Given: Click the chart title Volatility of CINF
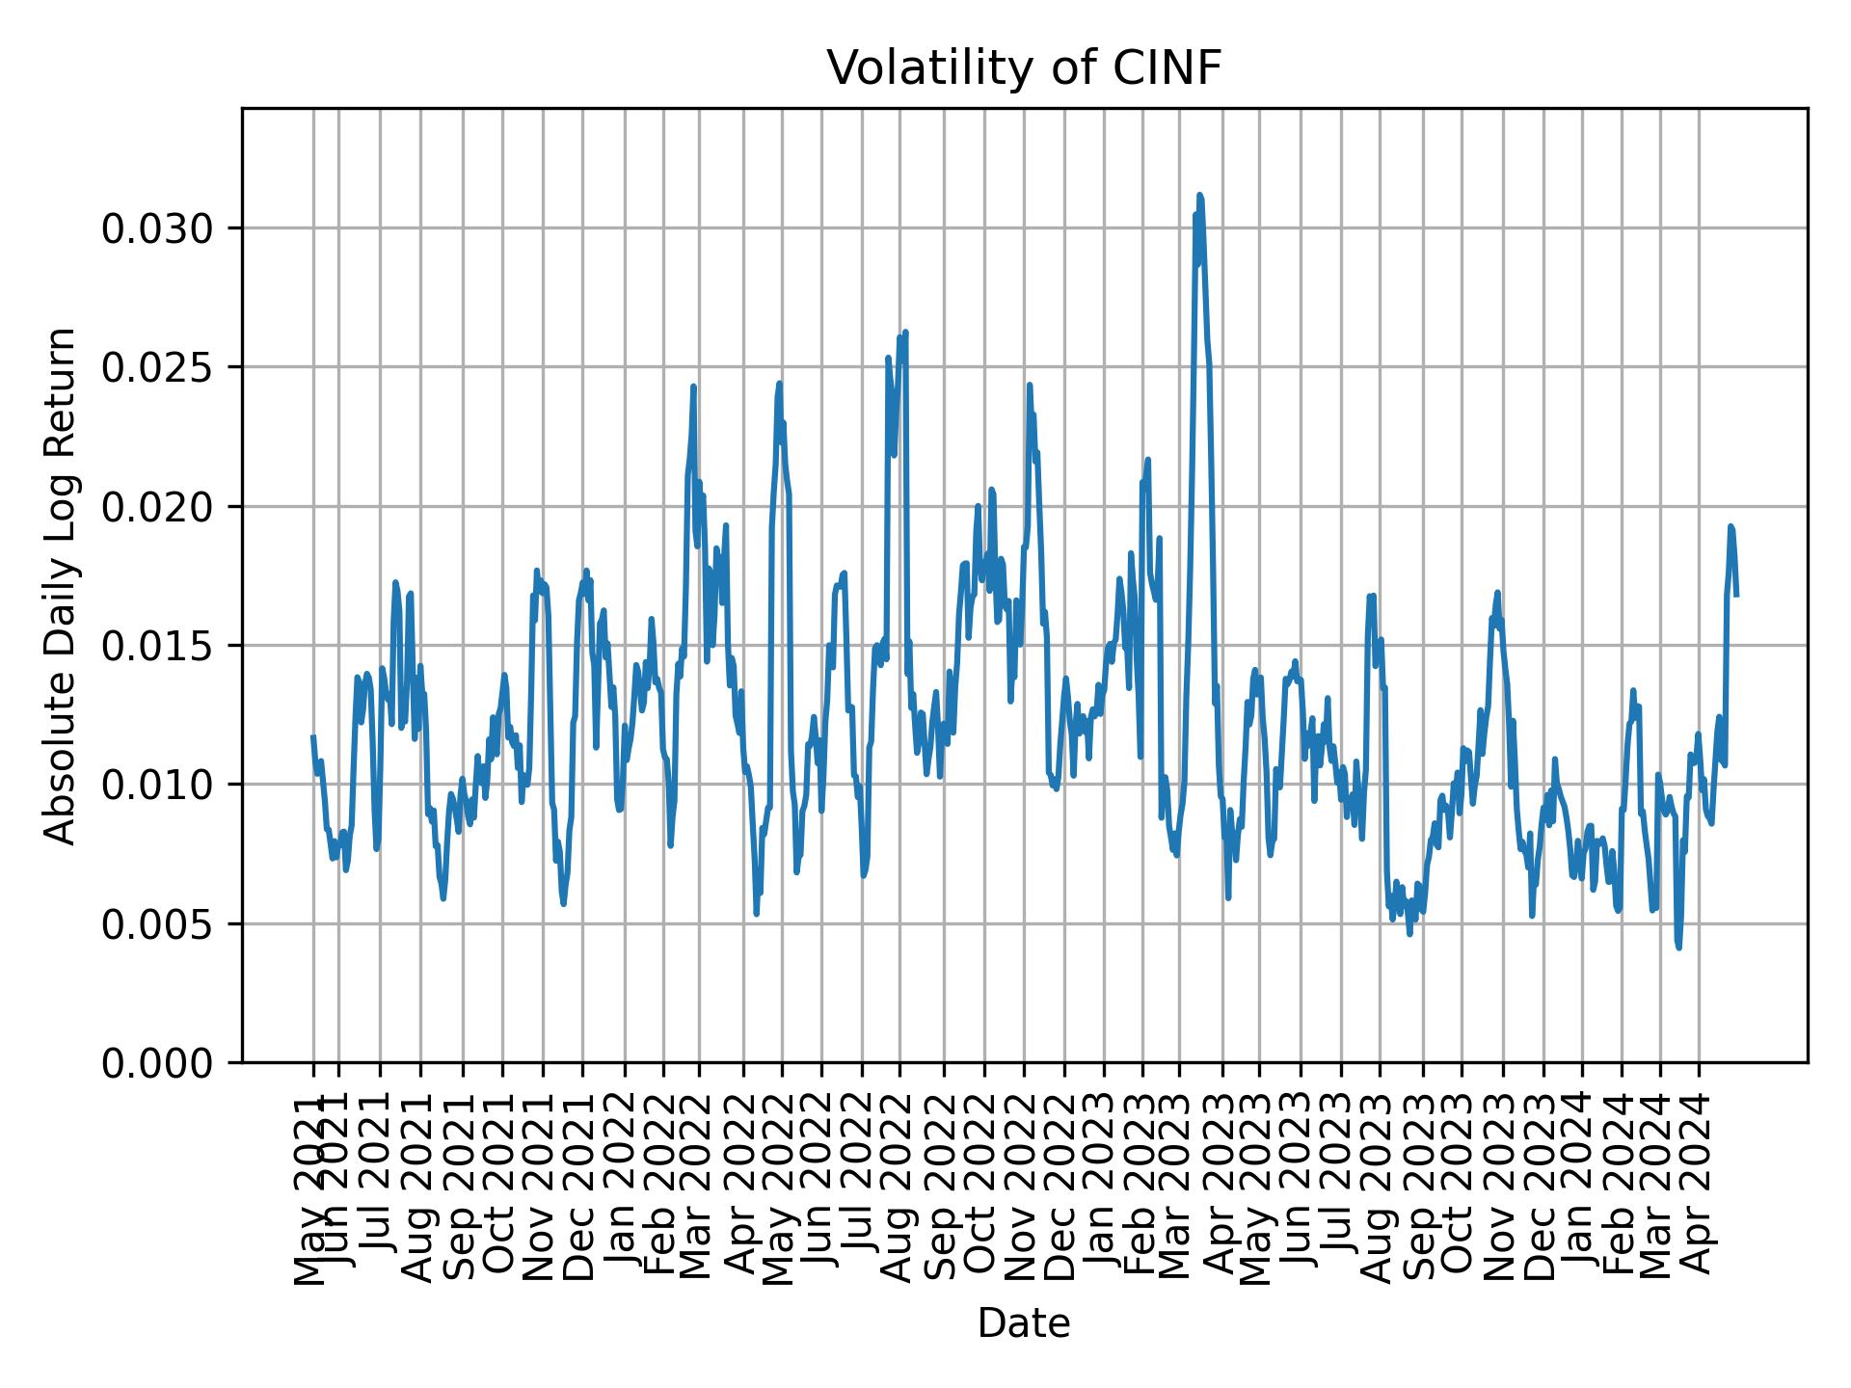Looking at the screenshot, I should [1024, 68].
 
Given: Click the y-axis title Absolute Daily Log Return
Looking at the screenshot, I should [62, 585].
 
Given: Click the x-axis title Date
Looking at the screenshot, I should [1024, 1323].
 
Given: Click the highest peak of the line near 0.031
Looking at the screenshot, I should [1199, 196].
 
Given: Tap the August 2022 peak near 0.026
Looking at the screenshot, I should [905, 334].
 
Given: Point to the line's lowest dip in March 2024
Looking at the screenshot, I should [1678, 948].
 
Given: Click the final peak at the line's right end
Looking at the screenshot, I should [1730, 526].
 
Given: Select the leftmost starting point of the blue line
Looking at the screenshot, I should [313, 736].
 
